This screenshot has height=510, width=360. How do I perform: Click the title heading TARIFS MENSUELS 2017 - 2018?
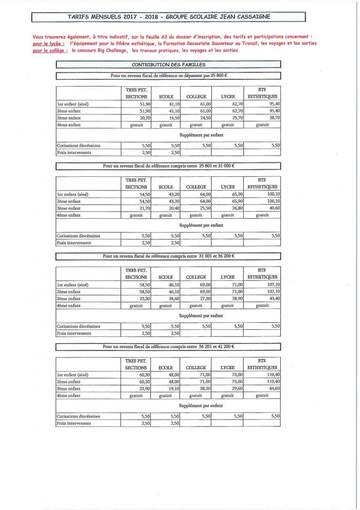169,17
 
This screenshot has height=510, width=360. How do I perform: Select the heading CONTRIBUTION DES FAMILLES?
168,64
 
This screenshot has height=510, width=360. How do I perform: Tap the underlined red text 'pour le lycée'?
46,43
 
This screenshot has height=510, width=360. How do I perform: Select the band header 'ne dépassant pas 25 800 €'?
169,75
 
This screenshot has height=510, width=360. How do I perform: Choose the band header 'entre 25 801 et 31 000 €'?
169,166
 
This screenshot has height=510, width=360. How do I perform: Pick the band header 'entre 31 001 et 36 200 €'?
169,256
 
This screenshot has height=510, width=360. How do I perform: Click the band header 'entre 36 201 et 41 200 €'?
169,347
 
